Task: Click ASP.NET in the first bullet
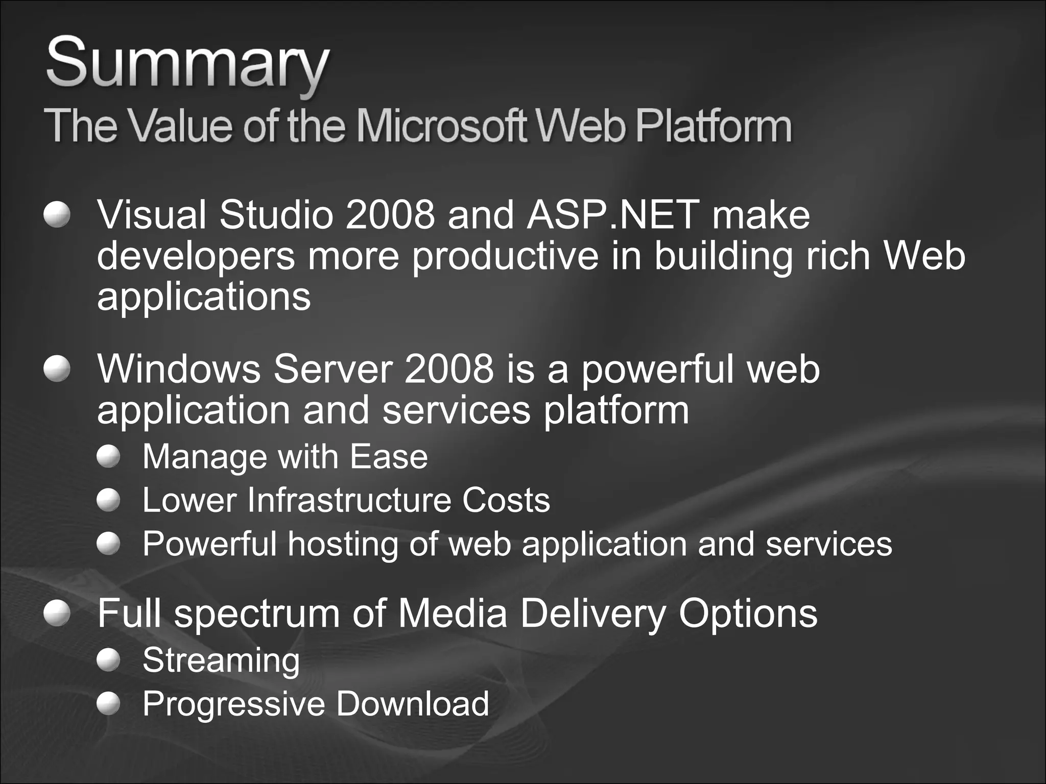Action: (613, 214)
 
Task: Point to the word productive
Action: (505, 256)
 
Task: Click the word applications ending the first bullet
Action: (204, 297)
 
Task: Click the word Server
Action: (332, 369)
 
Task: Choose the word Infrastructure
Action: (348, 500)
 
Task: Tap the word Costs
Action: (506, 500)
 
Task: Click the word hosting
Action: (342, 544)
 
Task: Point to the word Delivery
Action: (592, 613)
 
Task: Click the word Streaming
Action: (221, 660)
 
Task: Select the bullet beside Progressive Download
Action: (108, 704)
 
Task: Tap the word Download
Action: (412, 704)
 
